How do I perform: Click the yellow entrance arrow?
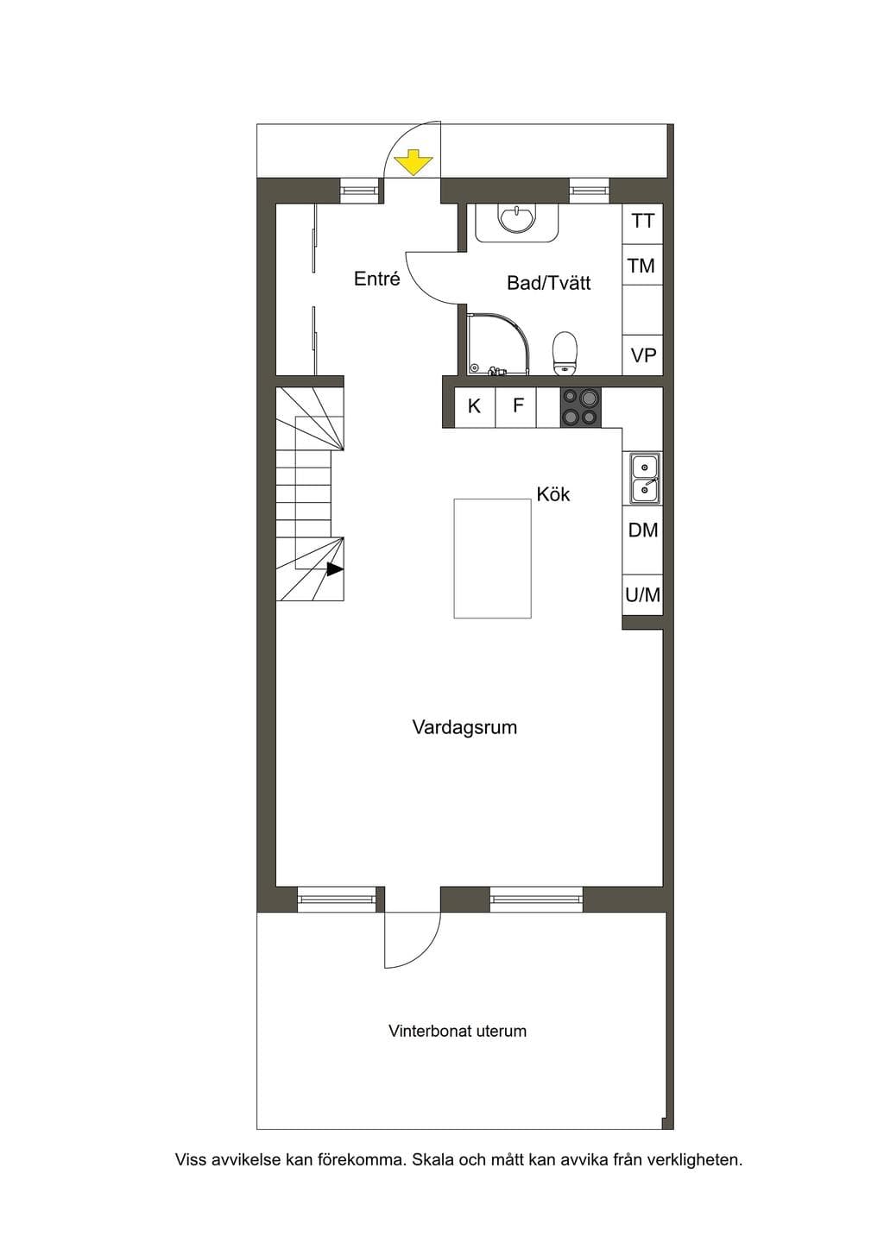414,161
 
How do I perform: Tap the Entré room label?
377,279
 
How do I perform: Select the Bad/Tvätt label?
548,283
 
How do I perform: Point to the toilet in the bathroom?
565,353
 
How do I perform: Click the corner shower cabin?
497,343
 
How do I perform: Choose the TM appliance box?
643,265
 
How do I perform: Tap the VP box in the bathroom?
643,355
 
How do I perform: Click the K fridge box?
475,407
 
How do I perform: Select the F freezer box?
516,407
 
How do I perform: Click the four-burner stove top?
580,407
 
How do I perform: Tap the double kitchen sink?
645,478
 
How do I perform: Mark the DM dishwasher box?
643,530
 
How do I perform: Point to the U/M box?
643,595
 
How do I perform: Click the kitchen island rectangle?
492,559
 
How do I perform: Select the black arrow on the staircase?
335,569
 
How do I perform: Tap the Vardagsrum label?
465,728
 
